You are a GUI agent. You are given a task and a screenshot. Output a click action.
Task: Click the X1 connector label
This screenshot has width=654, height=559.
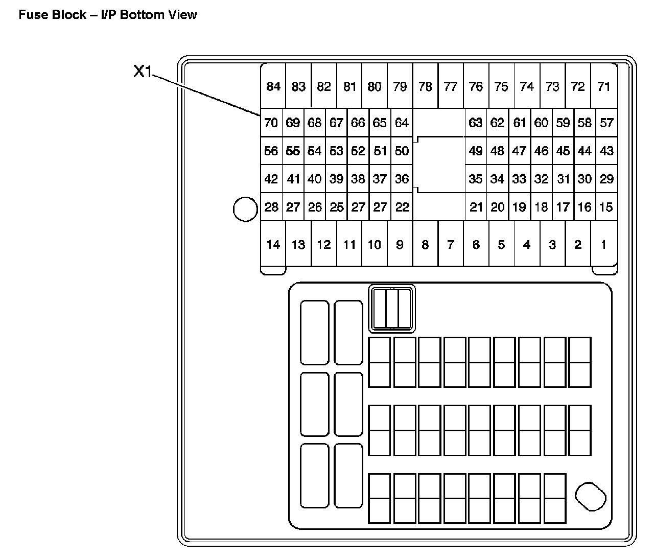pos(143,72)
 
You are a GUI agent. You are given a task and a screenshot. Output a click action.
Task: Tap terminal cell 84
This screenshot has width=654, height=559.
pos(273,86)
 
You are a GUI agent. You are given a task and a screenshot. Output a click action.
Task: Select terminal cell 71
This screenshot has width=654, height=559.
pos(604,86)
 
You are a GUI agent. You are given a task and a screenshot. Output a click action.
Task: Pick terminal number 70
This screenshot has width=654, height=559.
pos(271,123)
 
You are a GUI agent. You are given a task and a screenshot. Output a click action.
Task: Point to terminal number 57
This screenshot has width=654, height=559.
pos(606,123)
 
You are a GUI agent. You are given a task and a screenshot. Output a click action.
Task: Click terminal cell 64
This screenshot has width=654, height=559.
pos(402,123)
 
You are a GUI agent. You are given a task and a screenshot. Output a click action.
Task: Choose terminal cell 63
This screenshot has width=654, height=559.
pos(476,123)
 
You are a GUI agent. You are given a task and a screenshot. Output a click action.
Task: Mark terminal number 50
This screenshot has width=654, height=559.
pos(402,151)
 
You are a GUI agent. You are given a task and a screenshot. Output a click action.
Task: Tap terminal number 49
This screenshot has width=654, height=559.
pos(476,151)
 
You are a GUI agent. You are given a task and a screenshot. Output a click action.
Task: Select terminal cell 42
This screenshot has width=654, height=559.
pos(271,179)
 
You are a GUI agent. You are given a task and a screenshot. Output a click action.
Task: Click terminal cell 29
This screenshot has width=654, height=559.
pos(606,179)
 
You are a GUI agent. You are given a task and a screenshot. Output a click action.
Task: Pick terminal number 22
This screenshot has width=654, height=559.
pos(403,207)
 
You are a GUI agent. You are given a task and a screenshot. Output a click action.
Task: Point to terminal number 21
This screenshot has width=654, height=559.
pos(476,207)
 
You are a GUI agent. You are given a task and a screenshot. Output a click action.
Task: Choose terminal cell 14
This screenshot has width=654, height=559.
pos(273,245)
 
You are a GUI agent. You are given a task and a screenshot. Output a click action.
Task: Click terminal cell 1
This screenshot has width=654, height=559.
pos(604,245)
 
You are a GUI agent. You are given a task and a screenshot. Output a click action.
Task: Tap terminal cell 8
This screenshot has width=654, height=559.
pos(425,245)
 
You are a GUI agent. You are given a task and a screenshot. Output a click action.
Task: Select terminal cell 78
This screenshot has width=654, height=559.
pos(425,86)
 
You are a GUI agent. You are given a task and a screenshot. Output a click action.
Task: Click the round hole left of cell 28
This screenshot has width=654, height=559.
pos(245,209)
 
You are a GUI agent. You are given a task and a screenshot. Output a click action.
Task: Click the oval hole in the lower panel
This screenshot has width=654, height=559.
pos(590,496)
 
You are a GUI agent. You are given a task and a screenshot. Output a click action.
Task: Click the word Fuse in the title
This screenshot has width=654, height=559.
pos(31,14)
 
